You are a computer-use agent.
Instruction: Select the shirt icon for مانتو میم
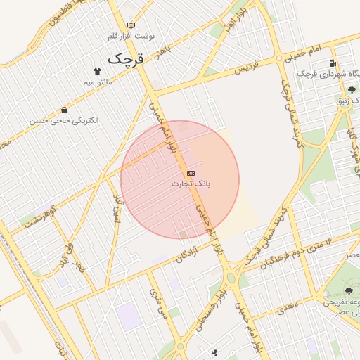click(x=97, y=71)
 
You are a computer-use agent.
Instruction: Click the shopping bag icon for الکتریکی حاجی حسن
click(x=65, y=110)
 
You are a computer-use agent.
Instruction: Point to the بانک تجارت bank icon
click(x=191, y=172)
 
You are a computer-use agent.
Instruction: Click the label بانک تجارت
click(x=191, y=184)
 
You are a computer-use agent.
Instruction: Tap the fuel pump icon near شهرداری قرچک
click(x=331, y=63)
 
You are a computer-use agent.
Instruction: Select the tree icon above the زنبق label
click(x=351, y=89)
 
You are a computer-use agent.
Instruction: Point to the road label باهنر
click(x=164, y=50)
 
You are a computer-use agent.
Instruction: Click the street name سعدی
click(x=287, y=307)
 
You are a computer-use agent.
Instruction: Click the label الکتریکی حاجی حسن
click(x=65, y=121)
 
